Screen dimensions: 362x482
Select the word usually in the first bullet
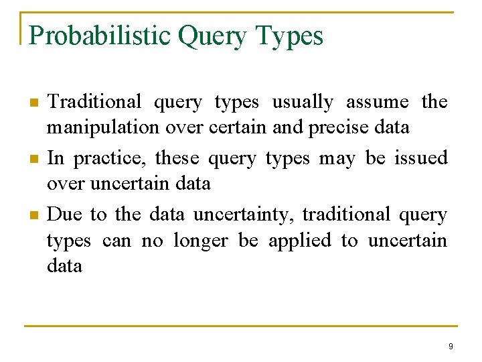(x=302, y=102)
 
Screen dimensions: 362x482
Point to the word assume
(x=377, y=102)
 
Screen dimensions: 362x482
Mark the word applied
(x=299, y=241)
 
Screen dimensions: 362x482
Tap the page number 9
(x=451, y=347)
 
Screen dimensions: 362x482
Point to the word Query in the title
(x=213, y=36)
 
